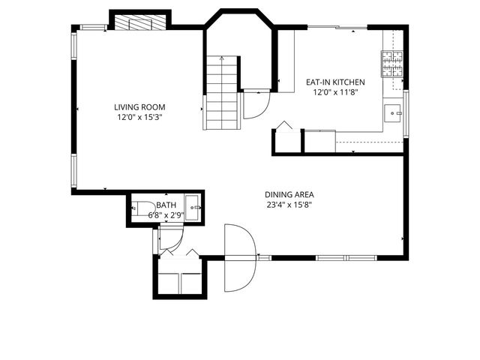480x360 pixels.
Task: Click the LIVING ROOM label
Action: [x=139, y=107]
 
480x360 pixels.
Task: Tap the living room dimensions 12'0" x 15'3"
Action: [x=139, y=118]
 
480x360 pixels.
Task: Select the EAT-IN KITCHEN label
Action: [x=334, y=82]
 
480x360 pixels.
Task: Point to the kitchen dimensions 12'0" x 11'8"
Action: [x=334, y=93]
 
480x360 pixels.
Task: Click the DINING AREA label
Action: [x=289, y=194]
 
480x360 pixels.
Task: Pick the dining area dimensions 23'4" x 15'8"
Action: [x=289, y=205]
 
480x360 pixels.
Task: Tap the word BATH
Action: [x=166, y=205]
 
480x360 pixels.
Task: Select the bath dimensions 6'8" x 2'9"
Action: [x=166, y=215]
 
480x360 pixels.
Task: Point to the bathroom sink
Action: [x=192, y=207]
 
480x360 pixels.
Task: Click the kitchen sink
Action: [x=393, y=113]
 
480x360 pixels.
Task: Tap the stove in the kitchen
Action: [x=392, y=64]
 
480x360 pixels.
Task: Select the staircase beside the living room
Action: [x=222, y=93]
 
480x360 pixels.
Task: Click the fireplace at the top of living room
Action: [x=139, y=22]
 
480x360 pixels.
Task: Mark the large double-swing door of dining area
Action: [x=240, y=258]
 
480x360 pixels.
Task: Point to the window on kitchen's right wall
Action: [x=406, y=113]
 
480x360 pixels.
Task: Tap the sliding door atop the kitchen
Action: [x=337, y=28]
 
